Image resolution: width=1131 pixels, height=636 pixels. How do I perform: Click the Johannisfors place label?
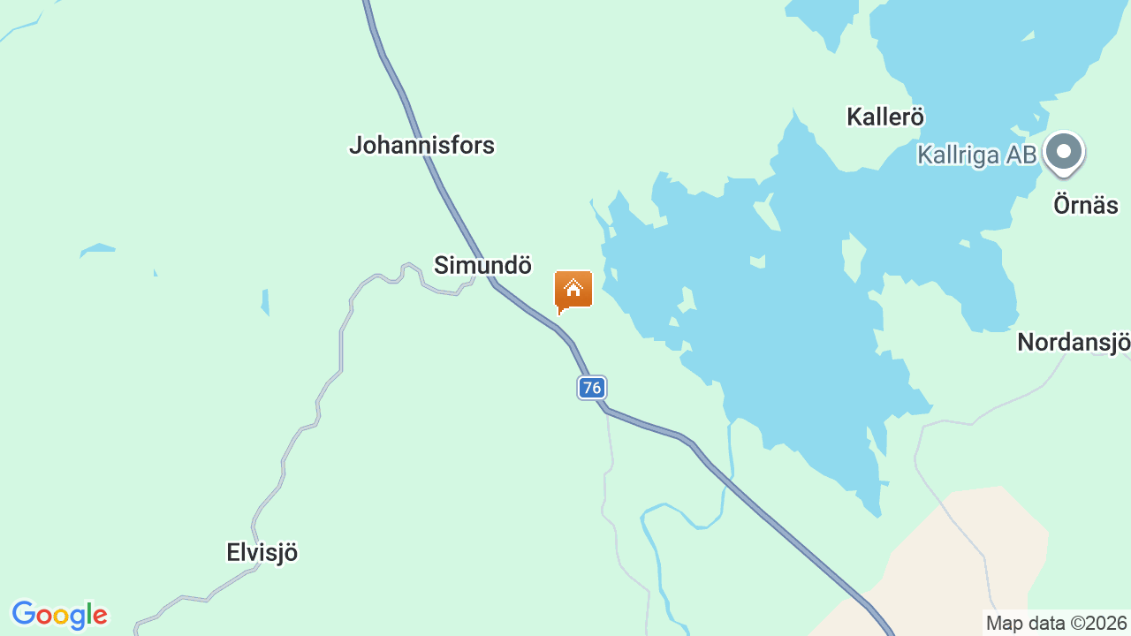pyautogui.click(x=421, y=145)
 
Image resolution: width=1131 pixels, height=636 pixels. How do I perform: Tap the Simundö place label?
pyautogui.click(x=482, y=265)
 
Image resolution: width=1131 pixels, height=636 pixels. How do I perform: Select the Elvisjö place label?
pyautogui.click(x=262, y=553)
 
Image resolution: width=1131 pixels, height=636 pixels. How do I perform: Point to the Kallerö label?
pyautogui.click(x=884, y=117)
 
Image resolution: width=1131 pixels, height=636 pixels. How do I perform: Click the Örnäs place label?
pyautogui.click(x=1085, y=206)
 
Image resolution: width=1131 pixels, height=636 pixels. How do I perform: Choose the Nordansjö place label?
pyautogui.click(x=1073, y=342)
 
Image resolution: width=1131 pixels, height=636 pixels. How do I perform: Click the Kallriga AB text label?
pyautogui.click(x=975, y=155)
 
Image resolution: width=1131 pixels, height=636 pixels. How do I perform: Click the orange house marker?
pyautogui.click(x=573, y=291)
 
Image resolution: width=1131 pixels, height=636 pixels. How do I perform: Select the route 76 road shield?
pyautogui.click(x=592, y=387)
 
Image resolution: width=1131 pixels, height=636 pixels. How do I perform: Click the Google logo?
pyautogui.click(x=59, y=615)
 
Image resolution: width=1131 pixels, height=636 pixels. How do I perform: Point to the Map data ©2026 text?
pyautogui.click(x=1056, y=624)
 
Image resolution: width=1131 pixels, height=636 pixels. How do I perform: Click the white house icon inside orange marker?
pyautogui.click(x=573, y=288)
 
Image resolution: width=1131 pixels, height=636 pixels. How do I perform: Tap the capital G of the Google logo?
pyautogui.click(x=24, y=614)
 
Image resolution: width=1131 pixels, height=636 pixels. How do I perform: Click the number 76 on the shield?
pyautogui.click(x=592, y=387)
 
